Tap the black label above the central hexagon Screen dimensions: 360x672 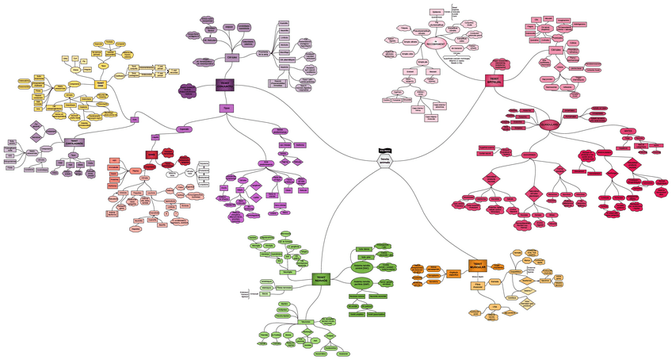pos(384,148)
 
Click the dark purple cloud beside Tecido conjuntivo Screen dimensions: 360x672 pos(188,90)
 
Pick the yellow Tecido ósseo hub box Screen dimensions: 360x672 pos(101,83)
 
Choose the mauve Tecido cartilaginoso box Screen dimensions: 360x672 pos(75,142)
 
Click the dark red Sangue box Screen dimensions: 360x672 pos(151,155)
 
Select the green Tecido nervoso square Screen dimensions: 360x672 pos(322,278)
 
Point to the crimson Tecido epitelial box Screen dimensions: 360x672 pos(494,81)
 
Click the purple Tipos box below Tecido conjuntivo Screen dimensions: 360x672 pos(226,108)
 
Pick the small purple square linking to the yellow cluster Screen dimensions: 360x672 pos(135,119)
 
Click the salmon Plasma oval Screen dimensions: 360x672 pos(135,170)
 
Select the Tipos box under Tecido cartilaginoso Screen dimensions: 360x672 pos(73,155)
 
